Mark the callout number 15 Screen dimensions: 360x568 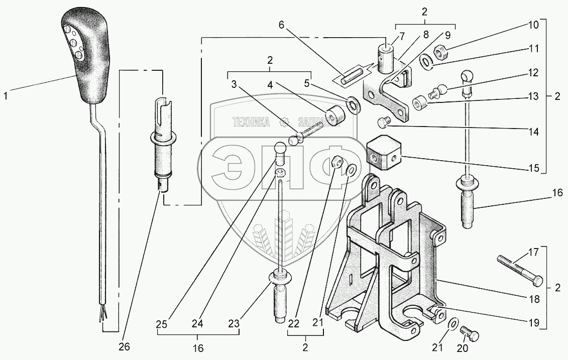(x=533, y=167)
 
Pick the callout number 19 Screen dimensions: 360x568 (x=533, y=324)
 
